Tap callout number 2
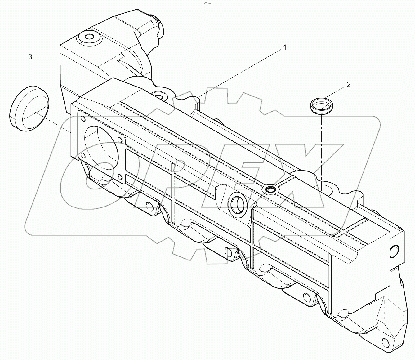click(349, 84)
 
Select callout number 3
click(30, 56)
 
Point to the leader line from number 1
click(242, 71)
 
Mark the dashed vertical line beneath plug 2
click(321, 149)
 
